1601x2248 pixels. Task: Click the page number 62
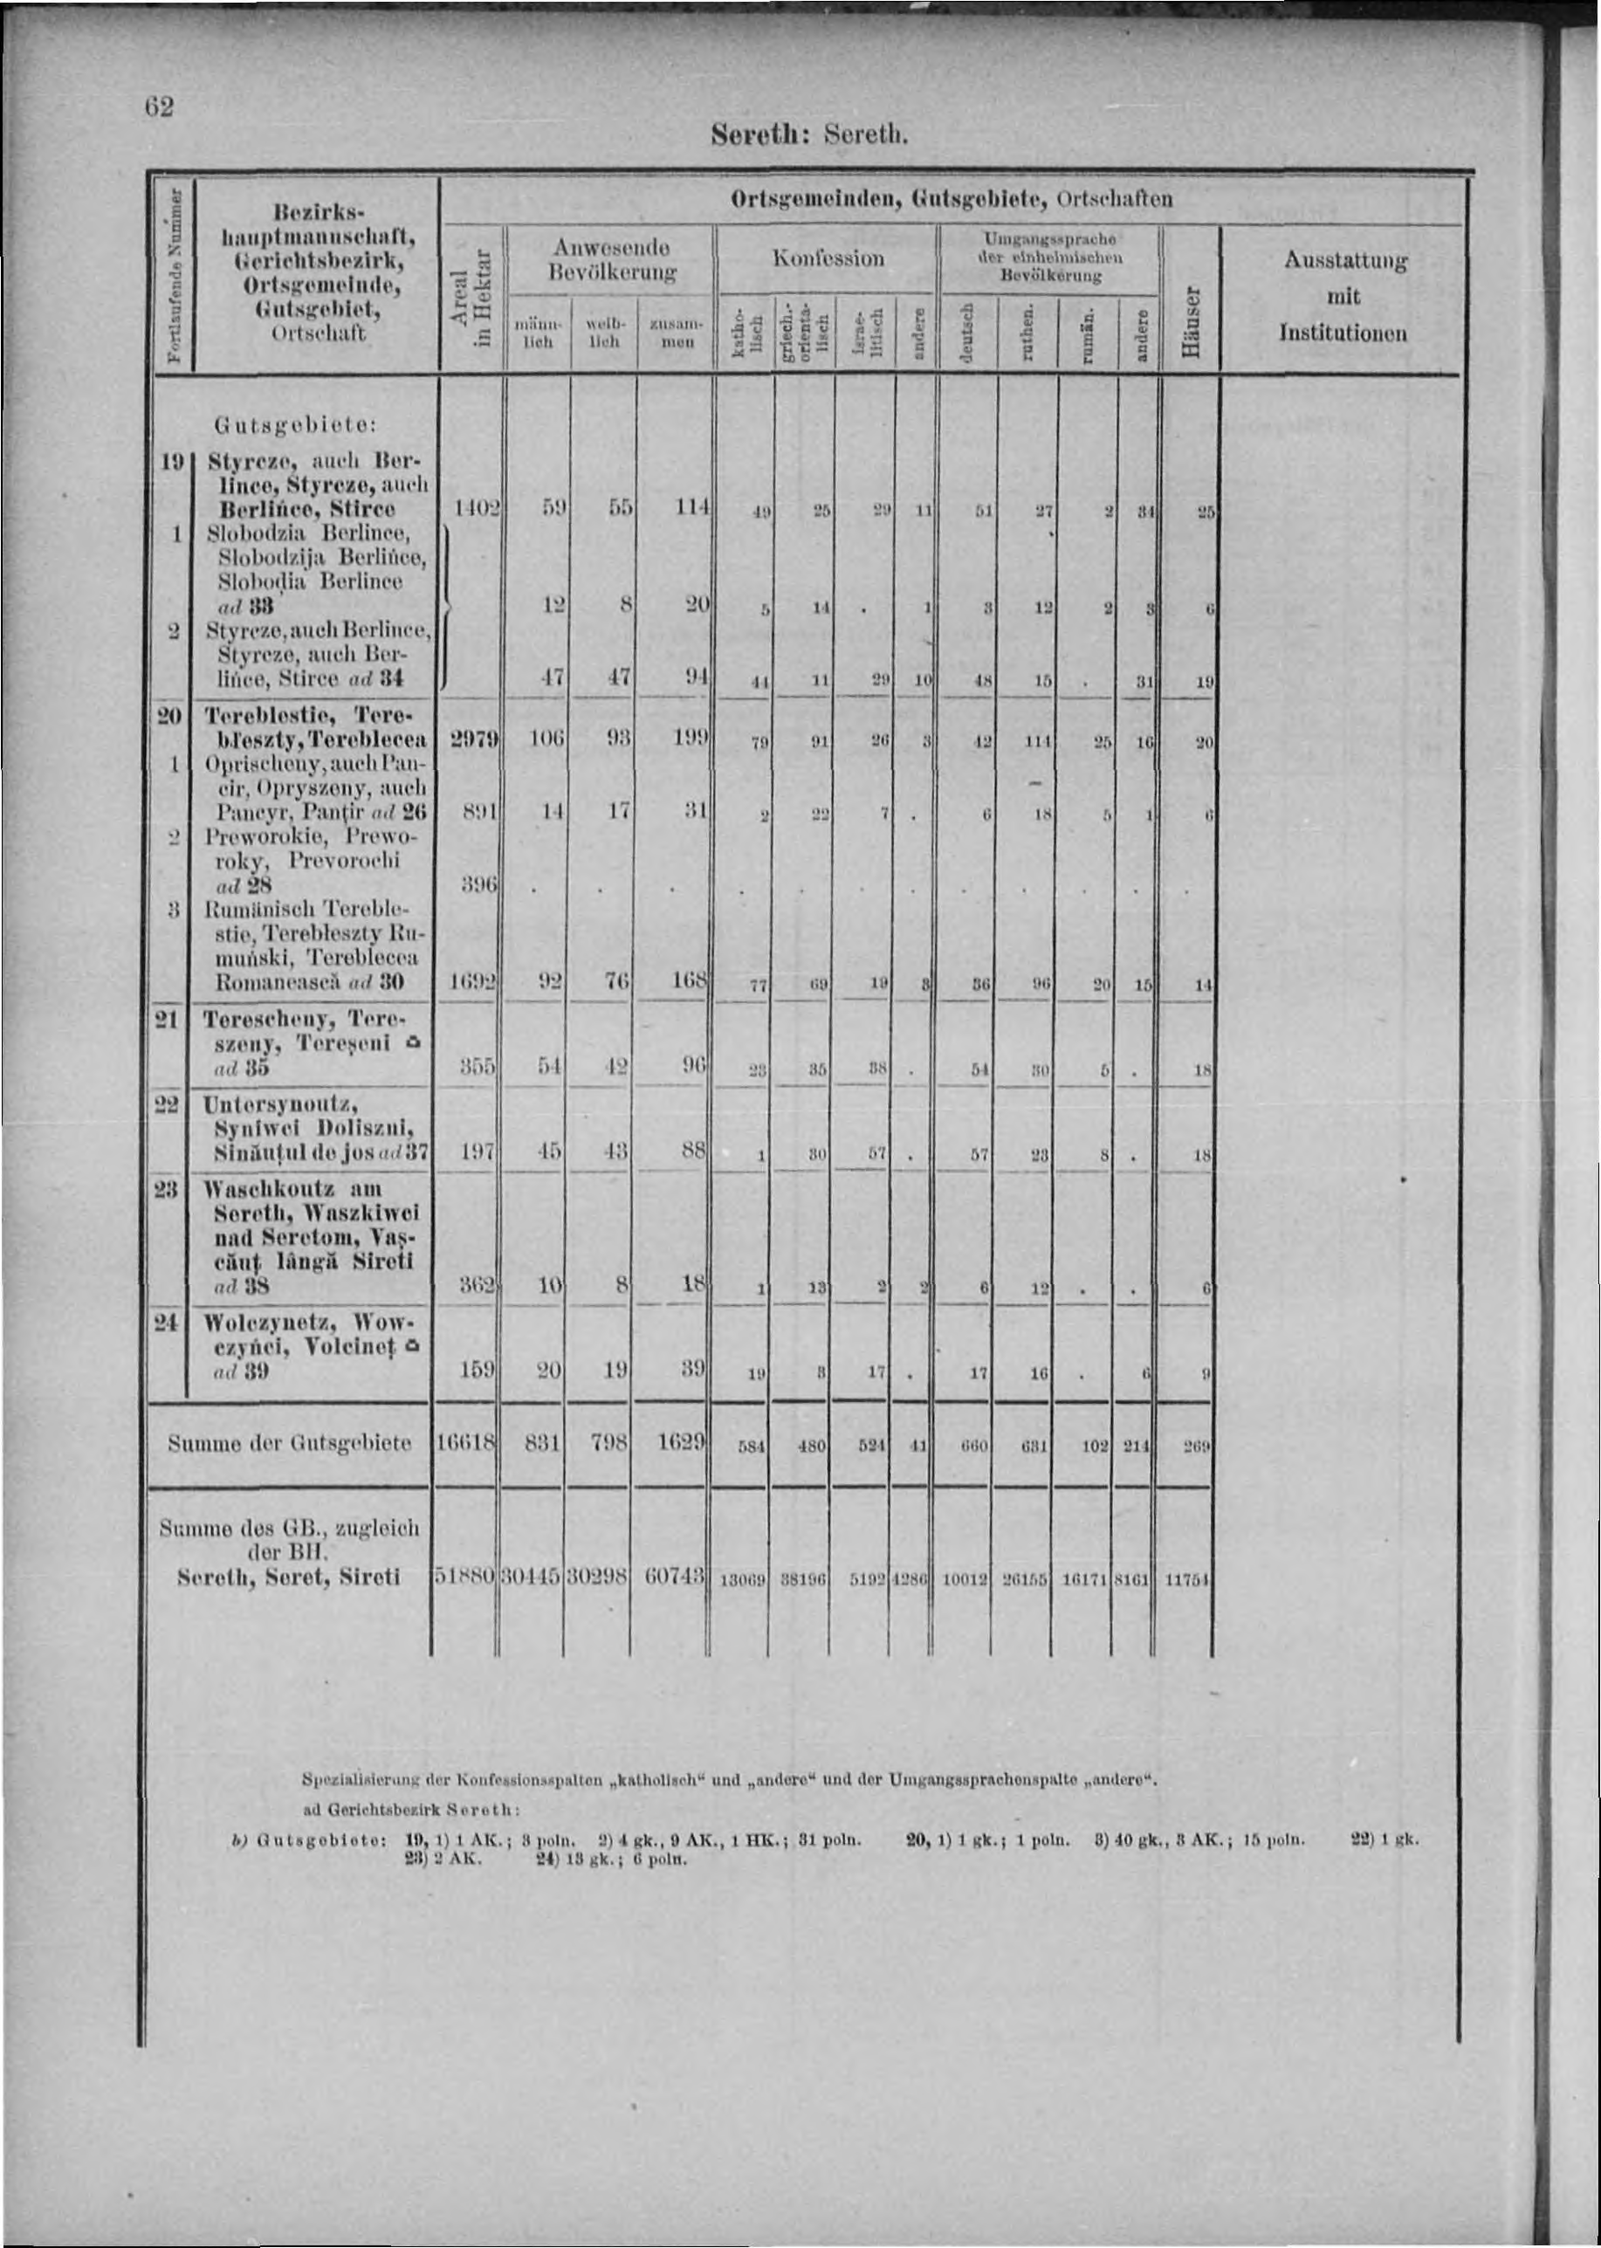click(x=159, y=107)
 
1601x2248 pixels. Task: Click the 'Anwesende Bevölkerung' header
click(x=610, y=258)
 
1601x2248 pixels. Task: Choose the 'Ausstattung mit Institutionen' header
click(x=1343, y=296)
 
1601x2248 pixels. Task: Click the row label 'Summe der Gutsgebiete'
click(x=290, y=1445)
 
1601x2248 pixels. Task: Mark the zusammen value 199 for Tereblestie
click(x=686, y=739)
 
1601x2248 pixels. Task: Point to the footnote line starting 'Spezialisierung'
click(x=729, y=1781)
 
